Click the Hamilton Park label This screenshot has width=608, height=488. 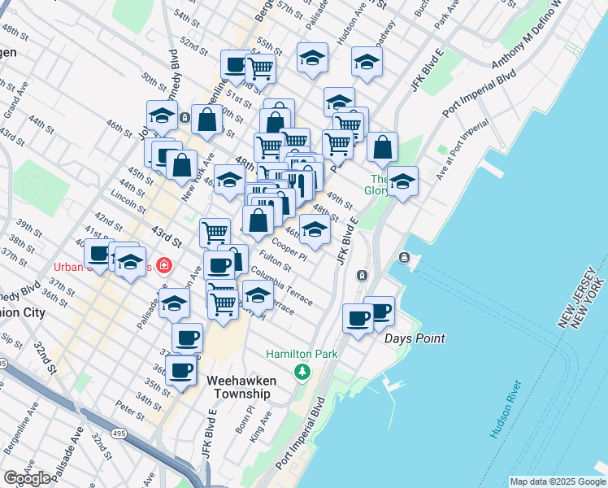coord(302,355)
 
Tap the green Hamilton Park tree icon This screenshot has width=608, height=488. coord(302,372)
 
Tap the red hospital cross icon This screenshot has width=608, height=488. coord(164,265)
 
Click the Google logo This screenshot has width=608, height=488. coord(28,478)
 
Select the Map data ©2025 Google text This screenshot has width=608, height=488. coord(558,481)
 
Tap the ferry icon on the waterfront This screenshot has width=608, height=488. coord(405,258)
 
